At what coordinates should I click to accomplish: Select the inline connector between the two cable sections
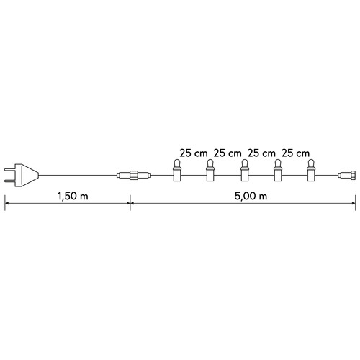[134, 174]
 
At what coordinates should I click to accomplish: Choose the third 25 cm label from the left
[261, 153]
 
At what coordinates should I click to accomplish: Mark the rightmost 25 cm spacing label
[294, 153]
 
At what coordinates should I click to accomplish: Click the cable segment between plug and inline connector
[79, 174]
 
